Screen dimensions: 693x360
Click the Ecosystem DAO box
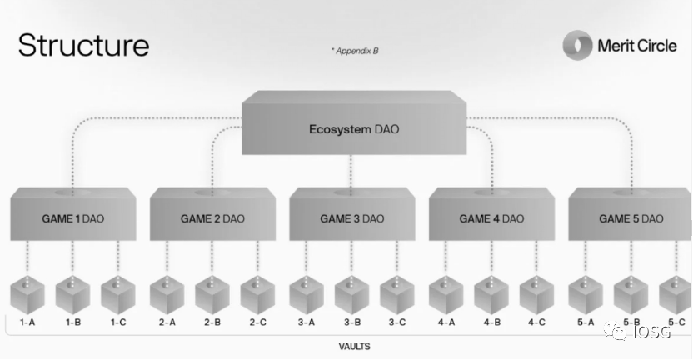[x=354, y=123]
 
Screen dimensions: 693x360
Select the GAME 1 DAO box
[x=73, y=214]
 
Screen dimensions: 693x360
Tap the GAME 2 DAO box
[x=212, y=214]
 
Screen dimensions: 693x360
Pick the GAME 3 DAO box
[x=352, y=214]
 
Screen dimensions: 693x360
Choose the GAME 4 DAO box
[x=491, y=214]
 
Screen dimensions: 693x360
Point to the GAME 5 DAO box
[x=630, y=214]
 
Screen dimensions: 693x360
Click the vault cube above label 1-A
[x=27, y=295]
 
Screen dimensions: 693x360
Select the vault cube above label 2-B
[x=212, y=295]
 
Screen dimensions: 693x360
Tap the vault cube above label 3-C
[x=396, y=295]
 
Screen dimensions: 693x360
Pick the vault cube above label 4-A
[x=446, y=295]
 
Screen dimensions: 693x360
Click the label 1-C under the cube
[x=118, y=322]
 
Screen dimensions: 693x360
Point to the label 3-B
[x=352, y=322]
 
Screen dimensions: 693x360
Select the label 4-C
[x=536, y=322]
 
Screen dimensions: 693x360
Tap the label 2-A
[x=167, y=322]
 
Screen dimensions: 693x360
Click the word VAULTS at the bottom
[x=355, y=347]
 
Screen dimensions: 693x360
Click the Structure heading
[x=84, y=45]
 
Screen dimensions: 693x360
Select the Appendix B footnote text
[x=355, y=51]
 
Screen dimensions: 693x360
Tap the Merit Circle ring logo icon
[x=577, y=45]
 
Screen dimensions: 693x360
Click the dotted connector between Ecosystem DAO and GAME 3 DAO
[x=351, y=174]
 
